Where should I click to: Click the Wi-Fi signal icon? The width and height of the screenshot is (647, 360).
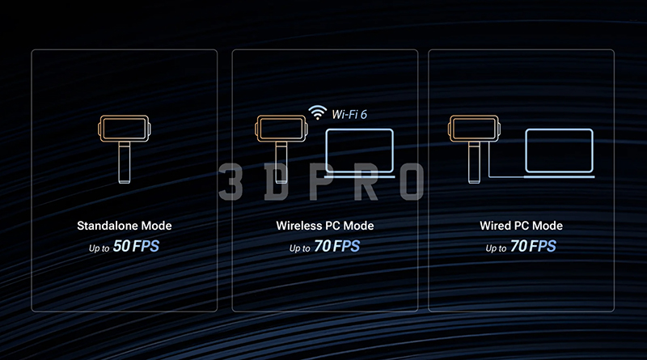317,112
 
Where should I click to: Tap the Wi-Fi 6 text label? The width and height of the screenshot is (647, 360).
349,114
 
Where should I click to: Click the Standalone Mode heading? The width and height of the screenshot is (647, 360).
125,226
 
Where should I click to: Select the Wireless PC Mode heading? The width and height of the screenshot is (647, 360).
325,226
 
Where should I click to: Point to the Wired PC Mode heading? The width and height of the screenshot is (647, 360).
521,226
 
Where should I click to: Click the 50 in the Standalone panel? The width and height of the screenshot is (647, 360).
122,246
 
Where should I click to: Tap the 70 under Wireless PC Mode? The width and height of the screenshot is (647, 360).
322,246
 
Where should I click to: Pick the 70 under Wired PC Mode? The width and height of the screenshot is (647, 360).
518,246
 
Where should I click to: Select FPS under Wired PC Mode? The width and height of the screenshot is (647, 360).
543,247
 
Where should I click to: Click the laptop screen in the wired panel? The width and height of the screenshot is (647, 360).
559,150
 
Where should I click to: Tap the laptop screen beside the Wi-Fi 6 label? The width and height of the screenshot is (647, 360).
359,150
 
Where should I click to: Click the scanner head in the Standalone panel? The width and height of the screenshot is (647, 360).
125,129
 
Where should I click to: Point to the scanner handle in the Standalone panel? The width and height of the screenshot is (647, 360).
125,163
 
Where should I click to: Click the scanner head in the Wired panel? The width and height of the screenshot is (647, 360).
474,129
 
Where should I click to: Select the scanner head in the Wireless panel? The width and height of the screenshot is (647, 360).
281,129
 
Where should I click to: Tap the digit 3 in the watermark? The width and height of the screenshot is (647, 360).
230,181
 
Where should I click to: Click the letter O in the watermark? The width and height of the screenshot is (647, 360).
412,181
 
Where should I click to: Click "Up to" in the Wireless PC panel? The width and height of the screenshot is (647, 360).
299,248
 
